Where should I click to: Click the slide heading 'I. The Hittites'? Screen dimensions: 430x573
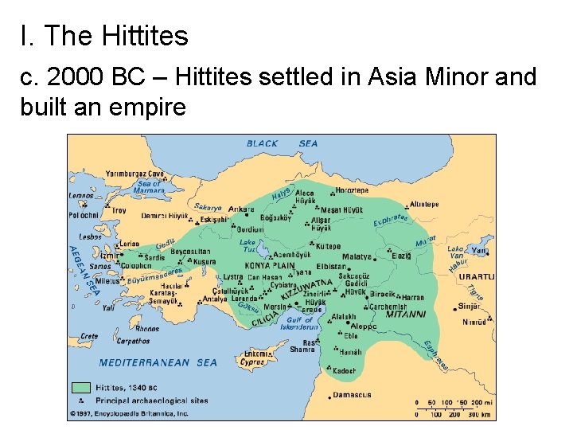pos(104,36)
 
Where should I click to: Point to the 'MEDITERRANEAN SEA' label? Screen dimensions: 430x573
pos(158,363)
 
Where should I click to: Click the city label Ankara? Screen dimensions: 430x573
pos(240,209)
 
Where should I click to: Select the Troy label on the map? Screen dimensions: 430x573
pos(119,210)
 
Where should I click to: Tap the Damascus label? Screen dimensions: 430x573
pos(352,395)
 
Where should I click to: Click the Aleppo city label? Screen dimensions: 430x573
pos(364,326)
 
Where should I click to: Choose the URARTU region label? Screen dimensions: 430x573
pos(477,276)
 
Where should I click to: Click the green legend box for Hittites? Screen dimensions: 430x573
pos(81,388)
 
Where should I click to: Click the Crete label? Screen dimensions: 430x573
pos(88,336)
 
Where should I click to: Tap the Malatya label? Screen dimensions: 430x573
pos(357,257)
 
